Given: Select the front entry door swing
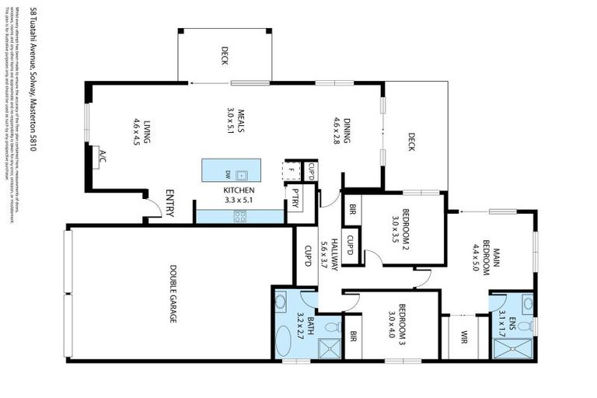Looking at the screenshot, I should coord(150,206).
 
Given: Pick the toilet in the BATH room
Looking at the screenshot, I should coord(332,326).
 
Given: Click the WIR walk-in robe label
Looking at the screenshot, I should coord(464,337).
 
